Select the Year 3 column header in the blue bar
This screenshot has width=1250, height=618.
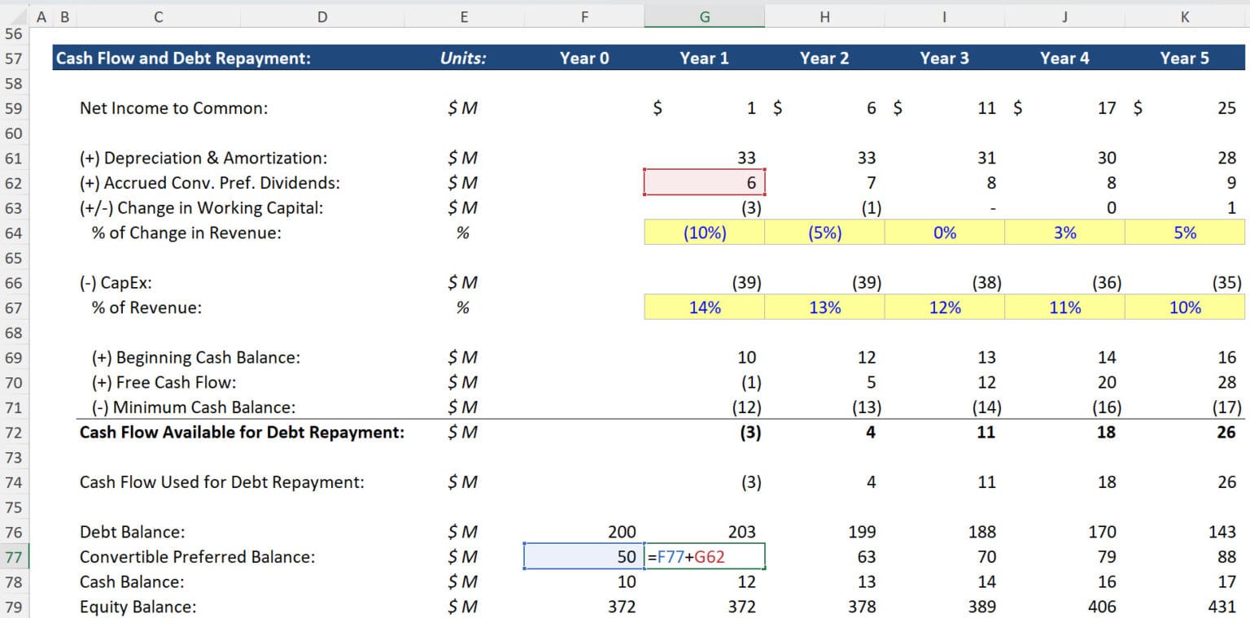click(x=944, y=58)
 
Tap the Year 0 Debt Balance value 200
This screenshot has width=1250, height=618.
click(x=622, y=532)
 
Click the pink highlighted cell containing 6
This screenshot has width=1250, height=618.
click(x=705, y=183)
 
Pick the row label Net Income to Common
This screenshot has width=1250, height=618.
click(x=173, y=108)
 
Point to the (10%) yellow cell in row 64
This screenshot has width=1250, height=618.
click(x=705, y=233)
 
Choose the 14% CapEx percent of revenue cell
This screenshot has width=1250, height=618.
click(x=705, y=307)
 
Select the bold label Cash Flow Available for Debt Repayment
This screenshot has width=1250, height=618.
click(x=242, y=433)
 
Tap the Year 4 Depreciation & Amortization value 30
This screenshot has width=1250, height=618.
click(x=1107, y=158)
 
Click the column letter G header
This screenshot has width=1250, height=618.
click(x=705, y=16)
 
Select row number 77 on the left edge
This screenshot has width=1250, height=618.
click(x=14, y=557)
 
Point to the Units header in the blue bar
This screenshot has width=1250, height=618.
click(x=463, y=58)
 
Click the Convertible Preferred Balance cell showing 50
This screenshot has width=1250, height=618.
click(x=584, y=557)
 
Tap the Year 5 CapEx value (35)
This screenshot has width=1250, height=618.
click(x=1226, y=283)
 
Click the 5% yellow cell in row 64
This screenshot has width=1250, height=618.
click(x=1185, y=233)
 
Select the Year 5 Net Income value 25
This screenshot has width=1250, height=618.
click(x=1226, y=108)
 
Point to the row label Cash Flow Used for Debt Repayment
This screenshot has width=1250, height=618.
click(x=222, y=482)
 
